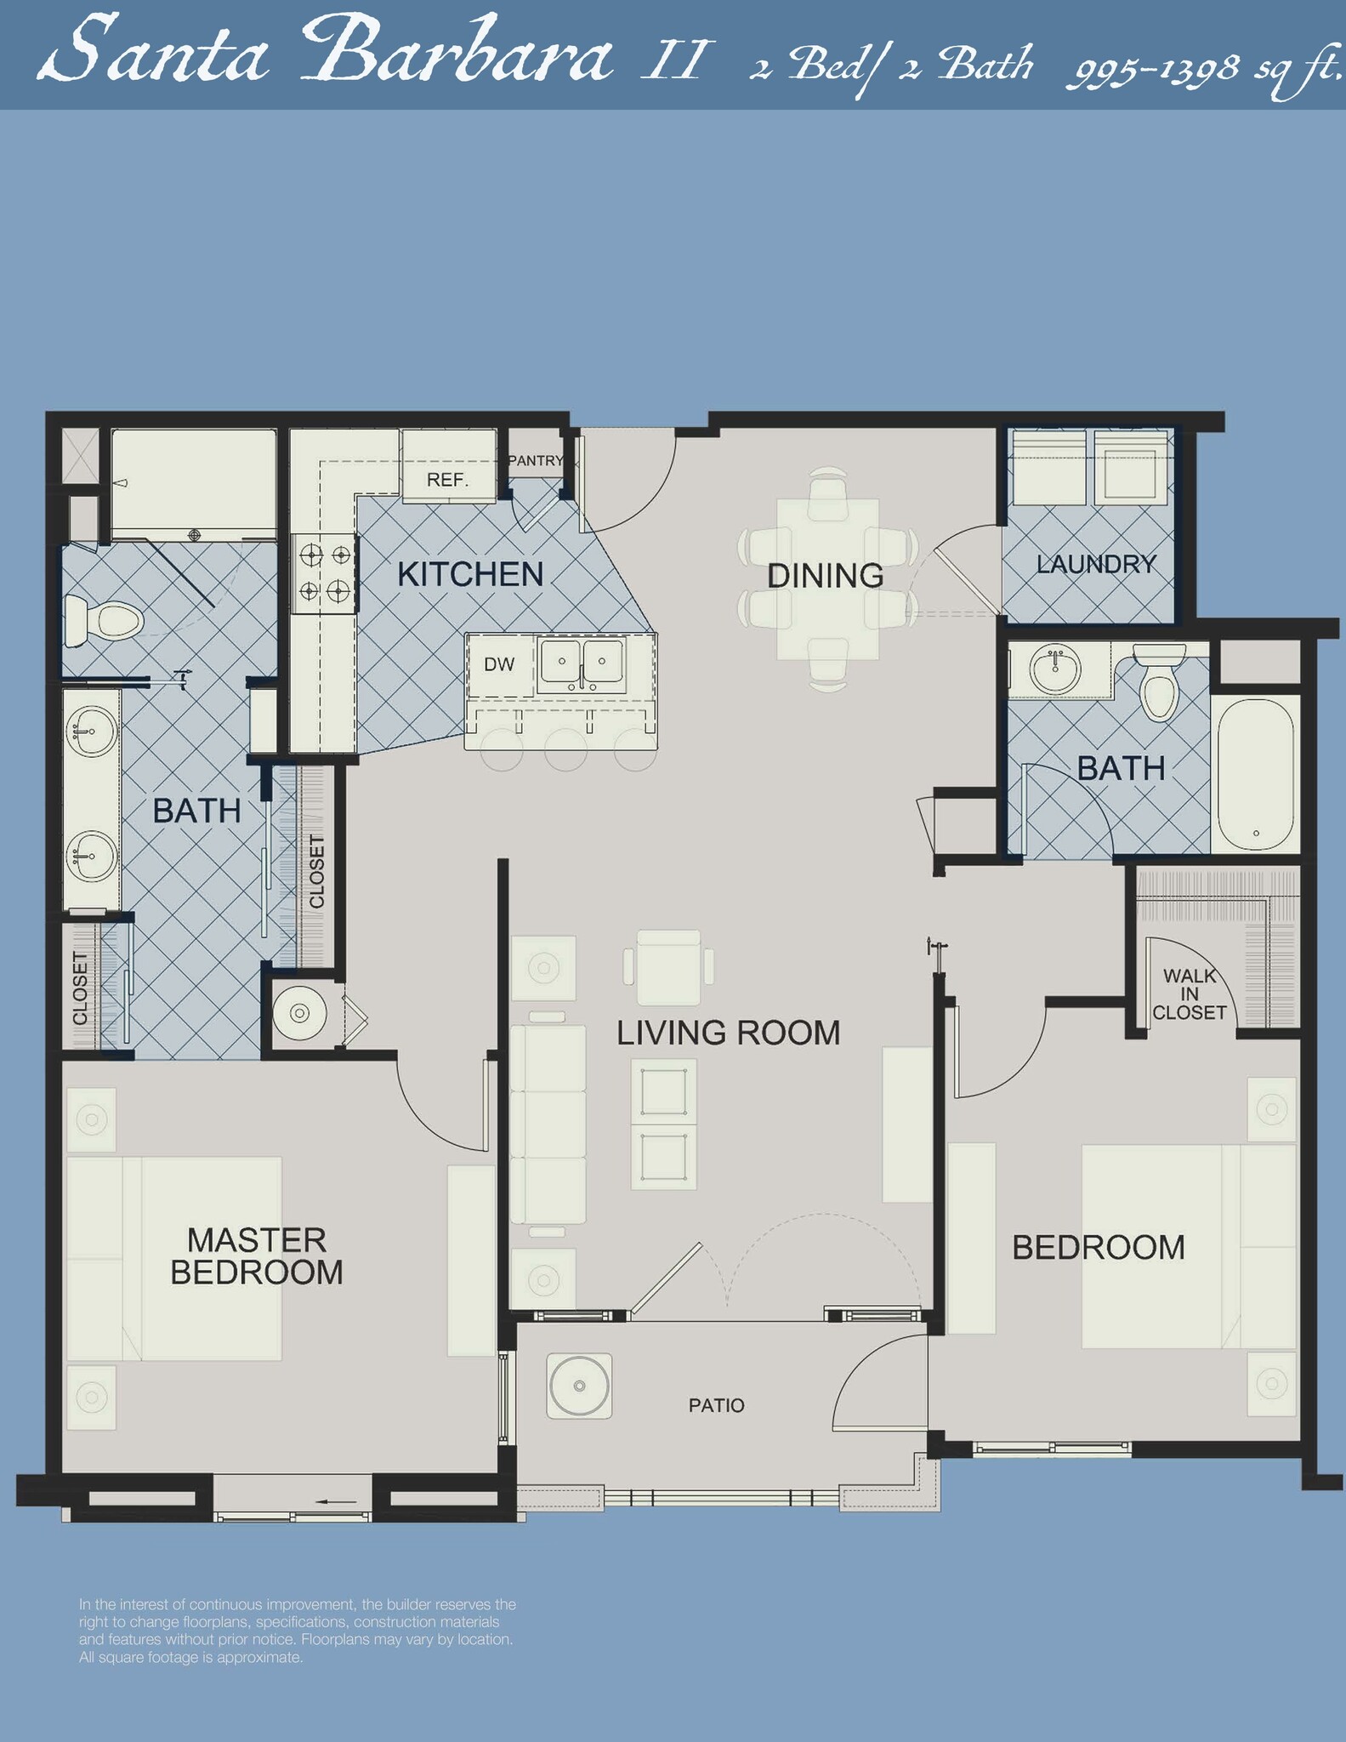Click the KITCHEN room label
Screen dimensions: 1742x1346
pyautogui.click(x=470, y=575)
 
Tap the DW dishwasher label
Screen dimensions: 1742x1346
pyautogui.click(x=499, y=665)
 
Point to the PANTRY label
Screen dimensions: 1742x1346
pyautogui.click(x=536, y=461)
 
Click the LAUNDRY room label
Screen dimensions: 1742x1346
pyautogui.click(x=1096, y=564)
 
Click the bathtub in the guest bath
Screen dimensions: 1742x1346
pyautogui.click(x=1255, y=774)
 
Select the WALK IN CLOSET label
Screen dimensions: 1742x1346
pyautogui.click(x=1189, y=993)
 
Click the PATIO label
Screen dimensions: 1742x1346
pyautogui.click(x=716, y=1405)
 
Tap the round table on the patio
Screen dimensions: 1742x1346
pyautogui.click(x=579, y=1386)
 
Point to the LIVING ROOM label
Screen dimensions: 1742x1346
pyautogui.click(x=728, y=1033)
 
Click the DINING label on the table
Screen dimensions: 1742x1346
pyautogui.click(x=825, y=576)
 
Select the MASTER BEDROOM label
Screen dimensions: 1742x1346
pyautogui.click(x=256, y=1255)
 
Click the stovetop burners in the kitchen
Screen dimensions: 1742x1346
pyautogui.click(x=324, y=572)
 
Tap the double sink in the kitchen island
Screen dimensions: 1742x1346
pyautogui.click(x=582, y=663)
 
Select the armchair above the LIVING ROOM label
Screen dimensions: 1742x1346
pyautogui.click(x=668, y=968)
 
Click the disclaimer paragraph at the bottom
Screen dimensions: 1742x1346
pyautogui.click(x=297, y=1631)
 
